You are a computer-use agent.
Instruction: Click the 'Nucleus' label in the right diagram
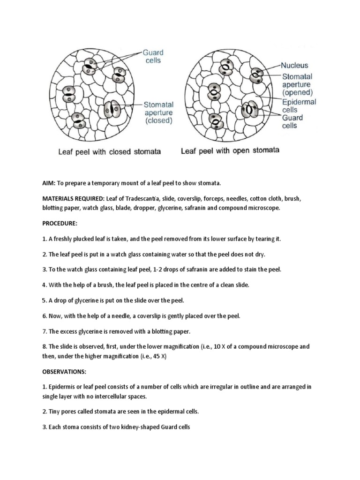pyautogui.click(x=294, y=66)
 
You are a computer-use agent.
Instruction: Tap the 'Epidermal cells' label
pyautogui.click(x=299, y=105)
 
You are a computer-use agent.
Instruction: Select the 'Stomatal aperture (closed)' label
pyautogui.click(x=158, y=112)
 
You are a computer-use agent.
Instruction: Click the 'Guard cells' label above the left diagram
pyautogui.click(x=153, y=57)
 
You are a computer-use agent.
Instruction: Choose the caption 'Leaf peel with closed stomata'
pyautogui.click(x=109, y=151)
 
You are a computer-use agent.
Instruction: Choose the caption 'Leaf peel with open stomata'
pyautogui.click(x=230, y=151)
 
